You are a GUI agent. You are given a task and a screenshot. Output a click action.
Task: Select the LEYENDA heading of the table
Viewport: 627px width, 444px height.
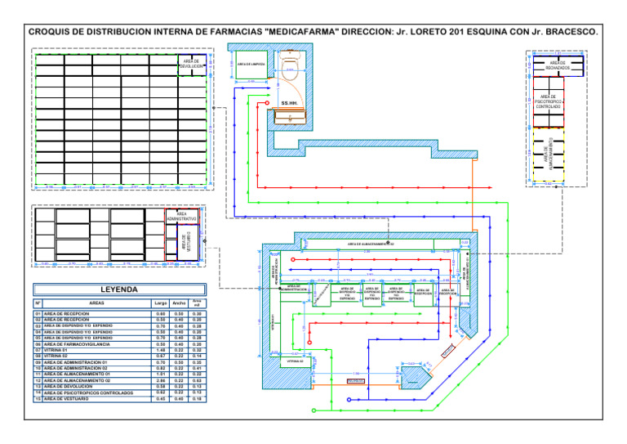[118, 289]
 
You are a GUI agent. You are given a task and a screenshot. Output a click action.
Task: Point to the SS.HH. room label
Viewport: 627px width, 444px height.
[289, 103]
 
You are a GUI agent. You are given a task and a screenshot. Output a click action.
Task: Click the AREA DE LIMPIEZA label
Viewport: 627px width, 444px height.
[249, 64]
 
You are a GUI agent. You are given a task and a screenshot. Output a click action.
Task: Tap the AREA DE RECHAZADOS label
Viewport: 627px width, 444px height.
[558, 65]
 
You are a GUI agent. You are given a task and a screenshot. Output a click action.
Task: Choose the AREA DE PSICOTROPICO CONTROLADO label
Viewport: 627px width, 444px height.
[548, 101]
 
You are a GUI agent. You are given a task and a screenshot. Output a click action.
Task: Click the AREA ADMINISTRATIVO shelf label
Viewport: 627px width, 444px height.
[181, 217]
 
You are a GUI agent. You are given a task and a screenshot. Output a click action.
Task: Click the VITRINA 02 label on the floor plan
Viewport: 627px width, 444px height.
[295, 361]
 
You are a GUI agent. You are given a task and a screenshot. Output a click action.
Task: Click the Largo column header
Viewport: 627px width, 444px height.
[160, 303]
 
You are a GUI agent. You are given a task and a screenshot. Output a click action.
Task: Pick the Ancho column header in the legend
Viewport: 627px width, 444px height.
[180, 303]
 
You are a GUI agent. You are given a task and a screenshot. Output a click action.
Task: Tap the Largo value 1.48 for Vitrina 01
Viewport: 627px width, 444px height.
[160, 351]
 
